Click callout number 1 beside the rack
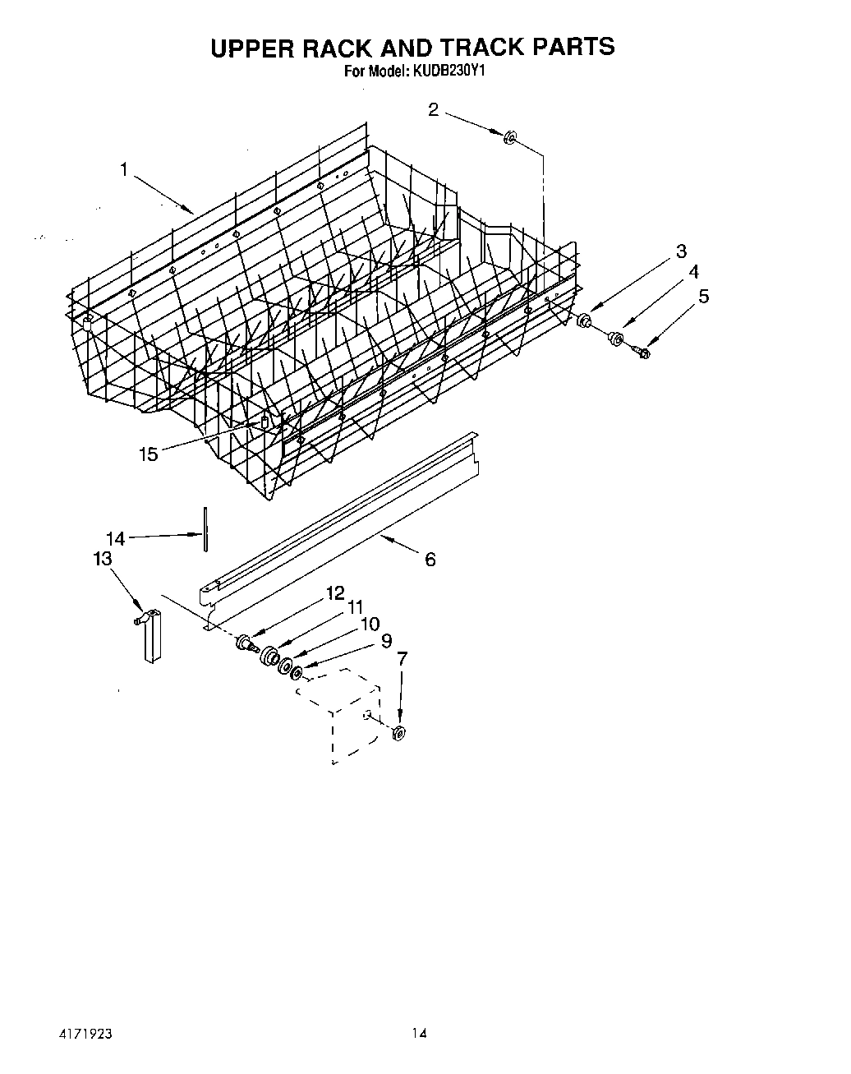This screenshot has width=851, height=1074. pyautogui.click(x=123, y=170)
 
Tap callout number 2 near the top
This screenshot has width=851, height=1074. pyautogui.click(x=434, y=109)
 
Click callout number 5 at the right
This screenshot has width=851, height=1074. pyautogui.click(x=703, y=297)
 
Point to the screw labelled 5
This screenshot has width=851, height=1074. pyautogui.click(x=642, y=352)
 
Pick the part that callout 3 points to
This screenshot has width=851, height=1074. pyautogui.click(x=585, y=320)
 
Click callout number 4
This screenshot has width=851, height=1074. pyautogui.click(x=693, y=271)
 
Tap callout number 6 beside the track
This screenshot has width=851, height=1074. pyautogui.click(x=430, y=560)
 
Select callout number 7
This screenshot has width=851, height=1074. pyautogui.click(x=402, y=659)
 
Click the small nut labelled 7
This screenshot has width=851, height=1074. pyautogui.click(x=399, y=733)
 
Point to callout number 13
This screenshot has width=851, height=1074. pyautogui.click(x=102, y=559)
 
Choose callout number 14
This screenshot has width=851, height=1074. pyautogui.click(x=116, y=538)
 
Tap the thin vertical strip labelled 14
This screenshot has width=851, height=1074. pyautogui.click(x=206, y=531)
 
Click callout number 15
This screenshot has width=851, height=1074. pyautogui.click(x=148, y=454)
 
